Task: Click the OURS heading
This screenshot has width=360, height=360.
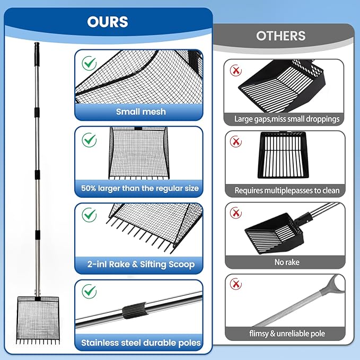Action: (108, 22)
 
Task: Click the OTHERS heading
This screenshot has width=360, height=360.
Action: (281, 36)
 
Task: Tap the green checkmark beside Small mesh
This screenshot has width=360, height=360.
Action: (89, 63)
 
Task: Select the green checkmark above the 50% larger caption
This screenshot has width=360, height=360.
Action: (89, 140)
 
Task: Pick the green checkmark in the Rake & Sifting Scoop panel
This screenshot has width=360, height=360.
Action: (89, 215)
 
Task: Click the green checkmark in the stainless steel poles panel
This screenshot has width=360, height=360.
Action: (89, 292)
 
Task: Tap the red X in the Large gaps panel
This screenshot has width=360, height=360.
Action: (236, 71)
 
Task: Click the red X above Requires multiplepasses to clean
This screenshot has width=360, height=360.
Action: (236, 142)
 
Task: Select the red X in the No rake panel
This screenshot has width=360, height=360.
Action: (236, 213)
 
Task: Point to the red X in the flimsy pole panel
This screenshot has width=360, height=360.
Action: (236, 284)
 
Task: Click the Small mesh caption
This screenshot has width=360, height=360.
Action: (141, 112)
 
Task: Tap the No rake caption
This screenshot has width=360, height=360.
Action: (287, 262)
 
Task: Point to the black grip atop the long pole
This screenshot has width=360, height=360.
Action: (37, 51)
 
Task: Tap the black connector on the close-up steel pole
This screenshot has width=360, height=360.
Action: (134, 311)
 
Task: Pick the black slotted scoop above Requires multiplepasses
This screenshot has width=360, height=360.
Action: (283, 155)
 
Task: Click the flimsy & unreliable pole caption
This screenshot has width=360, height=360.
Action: (287, 333)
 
